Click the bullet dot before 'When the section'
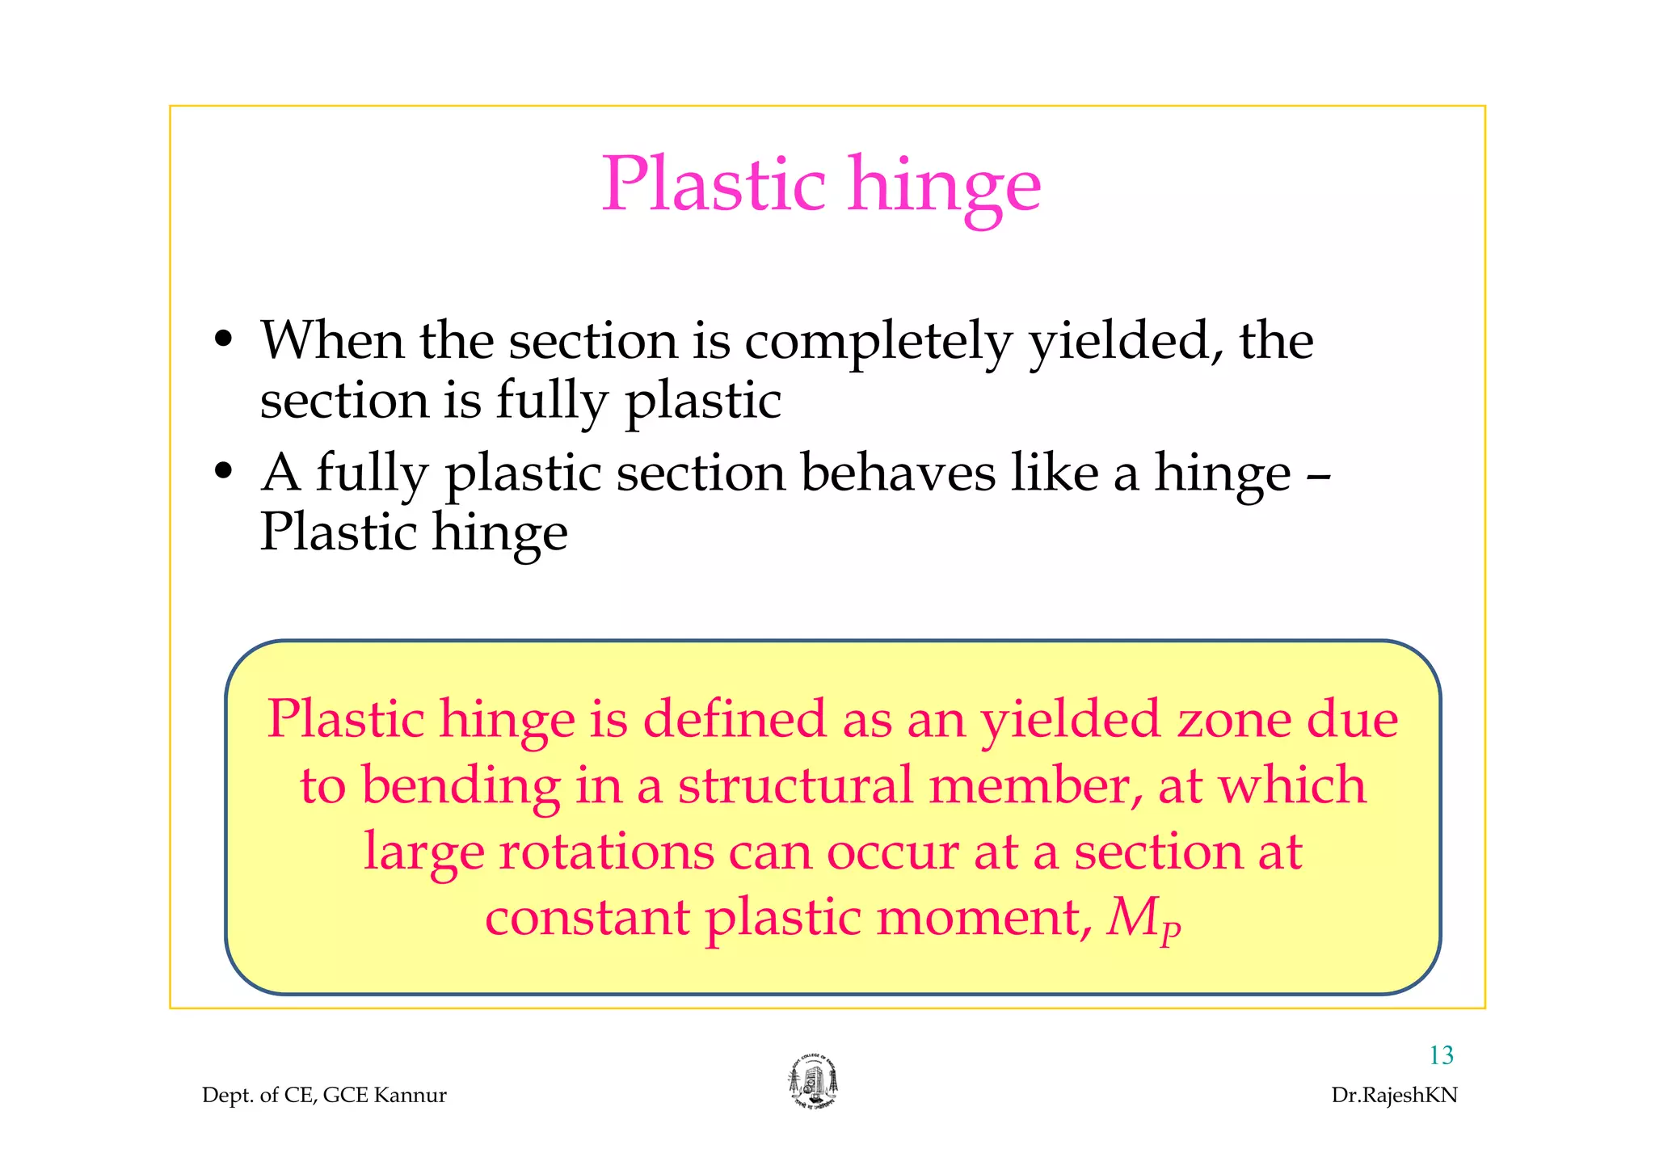[224, 339]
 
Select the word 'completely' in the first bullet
[878, 342]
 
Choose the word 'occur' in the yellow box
[892, 852]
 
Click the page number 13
[1441, 1054]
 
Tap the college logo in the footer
[813, 1082]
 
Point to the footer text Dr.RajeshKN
[1394, 1095]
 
